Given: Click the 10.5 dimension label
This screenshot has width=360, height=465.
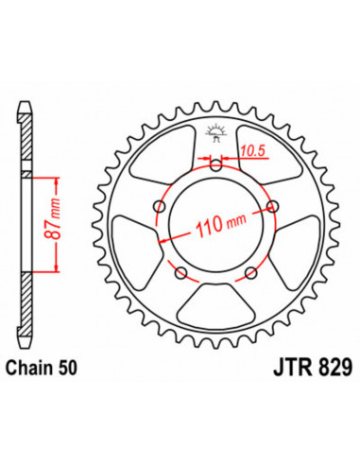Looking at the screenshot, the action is click(253, 151).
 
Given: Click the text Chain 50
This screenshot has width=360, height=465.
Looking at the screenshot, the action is click(41, 368).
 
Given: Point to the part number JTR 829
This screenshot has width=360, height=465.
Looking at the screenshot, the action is click(313, 368).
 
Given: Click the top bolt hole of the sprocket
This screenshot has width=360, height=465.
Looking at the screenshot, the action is click(216, 165).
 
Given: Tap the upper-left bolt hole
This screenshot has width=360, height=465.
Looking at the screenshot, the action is click(160, 207).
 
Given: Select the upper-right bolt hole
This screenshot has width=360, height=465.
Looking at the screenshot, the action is click(272, 207).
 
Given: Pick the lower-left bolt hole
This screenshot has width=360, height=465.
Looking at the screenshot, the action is click(181, 272).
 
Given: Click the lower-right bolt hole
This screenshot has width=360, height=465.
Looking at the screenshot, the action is click(251, 273).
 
